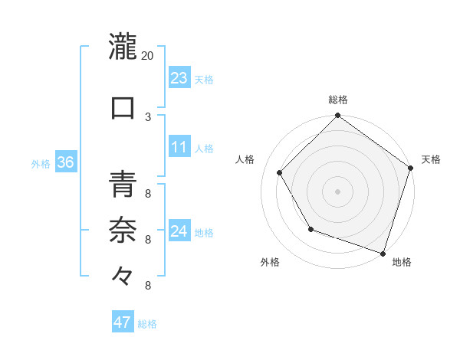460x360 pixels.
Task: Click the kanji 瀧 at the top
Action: click(x=123, y=46)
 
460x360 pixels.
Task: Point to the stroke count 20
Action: click(x=148, y=56)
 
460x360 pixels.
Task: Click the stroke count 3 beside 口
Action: click(x=148, y=116)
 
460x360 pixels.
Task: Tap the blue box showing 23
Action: click(x=179, y=78)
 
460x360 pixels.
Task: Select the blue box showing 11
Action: click(x=179, y=147)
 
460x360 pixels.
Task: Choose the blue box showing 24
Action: click(x=179, y=231)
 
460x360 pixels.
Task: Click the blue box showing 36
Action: click(x=65, y=162)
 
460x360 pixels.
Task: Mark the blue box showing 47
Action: click(x=123, y=322)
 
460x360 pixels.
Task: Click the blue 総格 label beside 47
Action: click(x=147, y=324)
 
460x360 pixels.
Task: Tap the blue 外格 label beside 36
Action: click(x=41, y=163)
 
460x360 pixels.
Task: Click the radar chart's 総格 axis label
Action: click(x=337, y=100)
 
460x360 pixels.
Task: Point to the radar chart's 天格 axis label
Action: click(x=431, y=159)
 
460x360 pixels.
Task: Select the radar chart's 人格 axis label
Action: click(x=245, y=159)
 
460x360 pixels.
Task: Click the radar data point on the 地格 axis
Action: click(x=382, y=253)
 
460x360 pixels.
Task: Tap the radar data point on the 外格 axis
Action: click(x=310, y=229)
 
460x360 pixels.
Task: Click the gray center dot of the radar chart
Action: click(x=337, y=191)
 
